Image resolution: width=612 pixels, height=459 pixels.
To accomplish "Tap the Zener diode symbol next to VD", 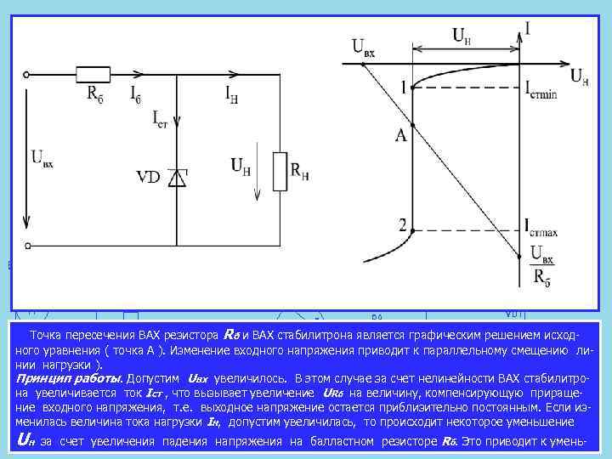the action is coord(177,177).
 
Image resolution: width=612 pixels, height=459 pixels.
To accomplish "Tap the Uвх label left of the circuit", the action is coord(42,159).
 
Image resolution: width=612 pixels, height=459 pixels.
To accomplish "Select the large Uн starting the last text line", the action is coord(26,439).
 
